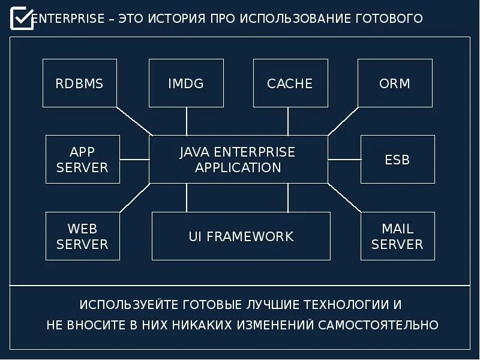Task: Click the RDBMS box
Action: [79, 83]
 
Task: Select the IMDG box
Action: [186, 83]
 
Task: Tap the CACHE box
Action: [290, 83]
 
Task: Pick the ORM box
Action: [395, 83]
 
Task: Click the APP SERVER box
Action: [83, 159]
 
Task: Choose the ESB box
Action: [397, 159]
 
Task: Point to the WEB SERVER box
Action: [83, 236]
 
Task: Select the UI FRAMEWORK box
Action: [241, 236]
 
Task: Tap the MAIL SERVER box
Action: [397, 236]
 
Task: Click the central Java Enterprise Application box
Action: [238, 159]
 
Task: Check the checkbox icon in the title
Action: [22, 18]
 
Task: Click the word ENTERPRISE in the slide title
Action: [68, 19]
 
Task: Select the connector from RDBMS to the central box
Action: [134, 121]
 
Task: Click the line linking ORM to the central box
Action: [343, 121]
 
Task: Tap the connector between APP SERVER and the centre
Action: [134, 160]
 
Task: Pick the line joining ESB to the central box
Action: [344, 160]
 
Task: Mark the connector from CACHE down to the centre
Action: [288, 121]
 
